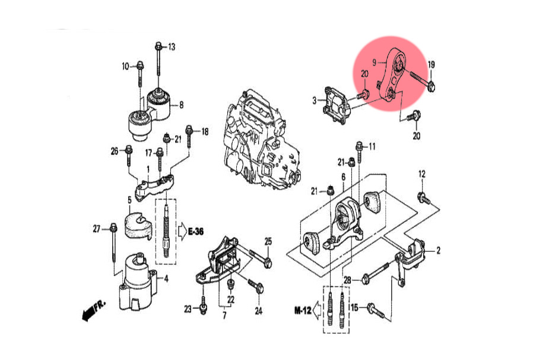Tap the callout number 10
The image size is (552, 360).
click(125, 66)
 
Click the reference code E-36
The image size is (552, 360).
click(196, 231)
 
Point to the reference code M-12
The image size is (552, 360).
click(303, 310)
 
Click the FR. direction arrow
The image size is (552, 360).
click(93, 309)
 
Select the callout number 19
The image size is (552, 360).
click(432, 64)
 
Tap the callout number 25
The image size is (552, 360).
click(268, 241)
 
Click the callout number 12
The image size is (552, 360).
click(422, 174)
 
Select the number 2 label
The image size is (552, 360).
click(438, 251)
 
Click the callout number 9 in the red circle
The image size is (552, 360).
click(375, 62)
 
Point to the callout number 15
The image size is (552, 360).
click(354, 307)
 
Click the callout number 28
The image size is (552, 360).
click(348, 280)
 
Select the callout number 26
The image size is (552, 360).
click(115, 150)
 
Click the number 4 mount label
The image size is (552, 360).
click(166, 278)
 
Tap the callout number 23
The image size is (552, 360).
click(188, 309)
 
